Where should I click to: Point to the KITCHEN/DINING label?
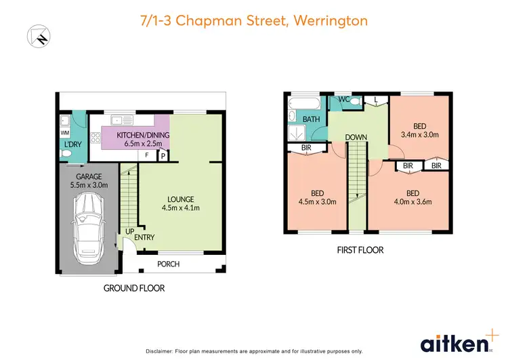pyautogui.click(x=143, y=134)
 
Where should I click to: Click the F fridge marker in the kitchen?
pyautogui.click(x=146, y=155)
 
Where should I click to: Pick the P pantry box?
pyautogui.click(x=163, y=156)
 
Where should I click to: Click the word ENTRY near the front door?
pyautogui.click(x=144, y=237)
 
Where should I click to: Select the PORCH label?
pyautogui.click(x=169, y=264)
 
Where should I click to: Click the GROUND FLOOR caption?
pyautogui.click(x=133, y=288)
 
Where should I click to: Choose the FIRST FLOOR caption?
pyautogui.click(x=360, y=250)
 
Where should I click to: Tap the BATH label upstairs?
pyautogui.click(x=312, y=119)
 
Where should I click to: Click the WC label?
pyautogui.click(x=343, y=100)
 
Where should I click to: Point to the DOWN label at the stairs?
pyautogui.click(x=356, y=138)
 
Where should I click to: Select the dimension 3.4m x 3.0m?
pyautogui.click(x=420, y=134)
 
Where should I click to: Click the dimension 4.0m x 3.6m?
pyautogui.click(x=412, y=201)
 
